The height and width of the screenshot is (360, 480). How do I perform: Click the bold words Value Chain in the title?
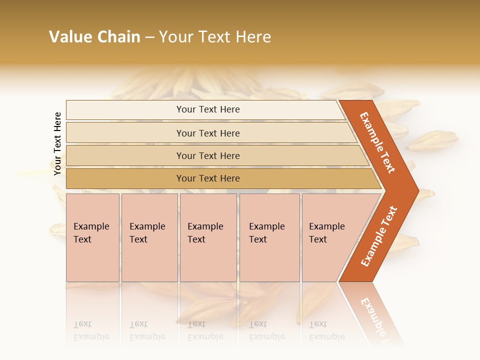pos(94,37)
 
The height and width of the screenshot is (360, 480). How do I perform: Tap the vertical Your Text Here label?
pos(57,143)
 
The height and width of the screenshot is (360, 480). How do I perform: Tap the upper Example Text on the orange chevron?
pos(377,142)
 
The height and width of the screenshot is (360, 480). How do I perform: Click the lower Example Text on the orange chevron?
pos(379,236)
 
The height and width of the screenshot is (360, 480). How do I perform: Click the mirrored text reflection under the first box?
pos(91,331)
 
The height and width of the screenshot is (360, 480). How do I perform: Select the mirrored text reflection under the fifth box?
pos(326,331)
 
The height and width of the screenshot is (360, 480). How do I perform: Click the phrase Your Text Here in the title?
pos(215,37)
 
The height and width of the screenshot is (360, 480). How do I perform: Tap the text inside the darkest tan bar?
pos(208,178)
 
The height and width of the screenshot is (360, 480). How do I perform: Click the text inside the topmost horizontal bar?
pos(208,109)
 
